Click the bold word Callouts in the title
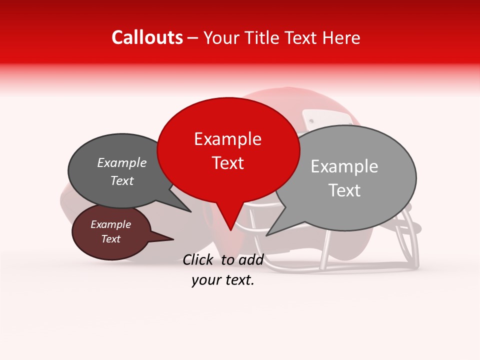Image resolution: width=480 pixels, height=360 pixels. click(147, 37)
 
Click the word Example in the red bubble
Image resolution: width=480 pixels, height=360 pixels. click(227, 139)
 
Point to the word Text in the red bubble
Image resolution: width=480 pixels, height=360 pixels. click(227, 163)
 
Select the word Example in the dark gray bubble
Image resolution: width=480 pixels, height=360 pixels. click(121, 163)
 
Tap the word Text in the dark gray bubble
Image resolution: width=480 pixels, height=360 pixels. click(121, 181)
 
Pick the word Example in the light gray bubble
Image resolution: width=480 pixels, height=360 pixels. click(344, 166)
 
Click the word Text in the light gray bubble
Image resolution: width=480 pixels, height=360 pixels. click(344, 190)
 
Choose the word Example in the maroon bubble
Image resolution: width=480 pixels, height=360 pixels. click(110, 224)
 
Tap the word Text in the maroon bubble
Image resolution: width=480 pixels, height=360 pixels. click(110, 239)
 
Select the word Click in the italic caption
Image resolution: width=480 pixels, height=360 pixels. click(198, 259)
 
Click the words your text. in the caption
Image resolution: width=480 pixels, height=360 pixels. click(222, 280)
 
